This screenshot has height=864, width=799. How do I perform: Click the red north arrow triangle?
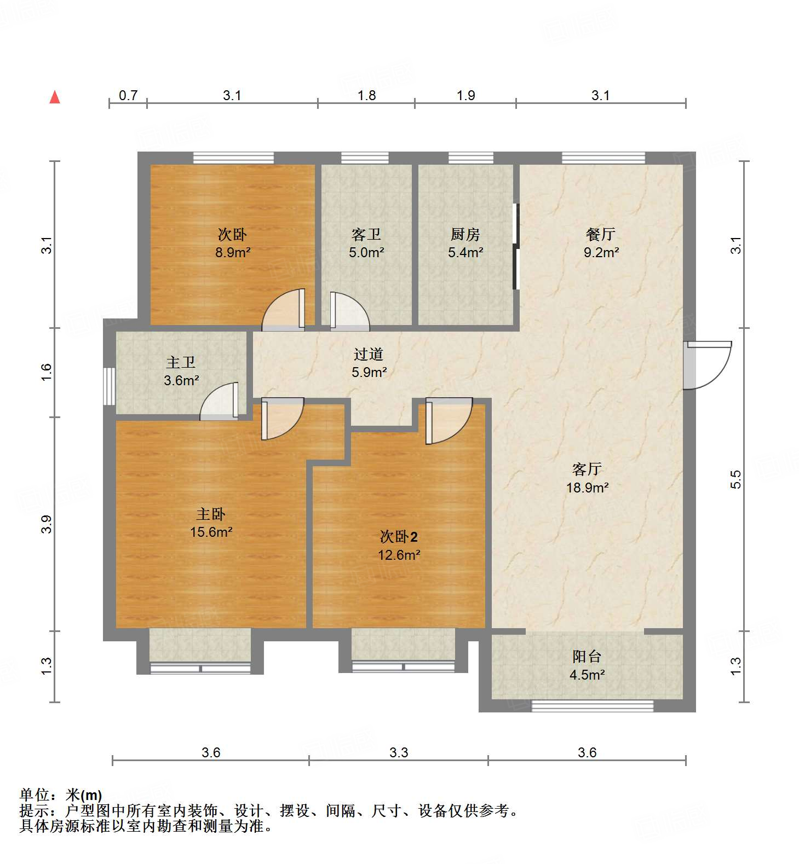tap(55, 97)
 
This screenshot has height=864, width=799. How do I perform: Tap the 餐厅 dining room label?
tap(601, 235)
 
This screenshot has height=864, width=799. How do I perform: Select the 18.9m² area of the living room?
tap(587, 488)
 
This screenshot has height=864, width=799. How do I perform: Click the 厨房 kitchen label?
tap(465, 235)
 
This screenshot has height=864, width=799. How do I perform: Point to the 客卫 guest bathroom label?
tap(366, 235)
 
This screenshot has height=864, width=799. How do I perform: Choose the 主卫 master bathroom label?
tap(181, 362)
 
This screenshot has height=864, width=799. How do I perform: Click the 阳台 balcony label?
tap(587, 656)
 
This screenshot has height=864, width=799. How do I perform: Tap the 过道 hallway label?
tap(368, 355)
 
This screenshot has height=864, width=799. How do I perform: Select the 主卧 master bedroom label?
tap(211, 514)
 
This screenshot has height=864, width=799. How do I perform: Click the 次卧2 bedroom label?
tap(399, 537)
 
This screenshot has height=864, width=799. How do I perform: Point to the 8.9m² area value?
tap(233, 253)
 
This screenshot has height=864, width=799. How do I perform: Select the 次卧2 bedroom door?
tap(448, 420)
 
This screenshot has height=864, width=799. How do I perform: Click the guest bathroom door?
tap(349, 311)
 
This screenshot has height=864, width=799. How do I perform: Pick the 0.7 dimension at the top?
tap(128, 96)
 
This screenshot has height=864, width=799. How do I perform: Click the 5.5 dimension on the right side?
tap(736, 479)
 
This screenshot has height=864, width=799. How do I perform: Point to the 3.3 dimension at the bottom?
tap(399, 753)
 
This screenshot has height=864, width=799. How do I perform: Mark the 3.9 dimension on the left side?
tap(47, 524)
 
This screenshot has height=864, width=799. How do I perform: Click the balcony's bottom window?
tap(593, 706)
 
